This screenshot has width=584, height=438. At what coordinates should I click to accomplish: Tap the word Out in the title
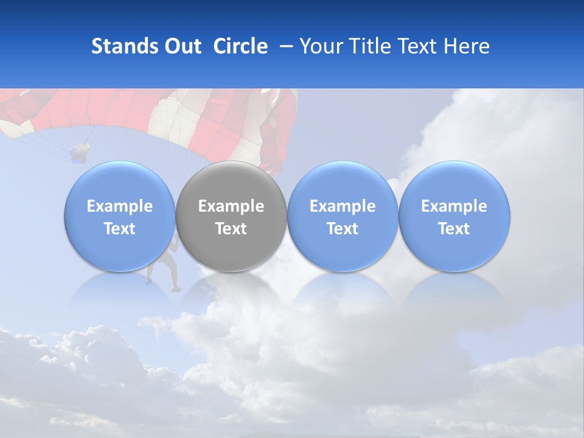point(181,46)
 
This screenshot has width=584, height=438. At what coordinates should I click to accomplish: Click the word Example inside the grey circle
point(231,206)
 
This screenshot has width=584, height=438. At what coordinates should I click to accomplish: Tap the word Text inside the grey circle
point(231,229)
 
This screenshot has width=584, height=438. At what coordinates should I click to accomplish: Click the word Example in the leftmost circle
point(120,206)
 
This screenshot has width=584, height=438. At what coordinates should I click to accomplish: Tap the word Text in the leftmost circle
point(120,229)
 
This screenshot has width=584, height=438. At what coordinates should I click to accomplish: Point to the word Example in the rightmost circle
point(454,206)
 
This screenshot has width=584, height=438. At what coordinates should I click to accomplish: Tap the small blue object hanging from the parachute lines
point(80,153)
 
